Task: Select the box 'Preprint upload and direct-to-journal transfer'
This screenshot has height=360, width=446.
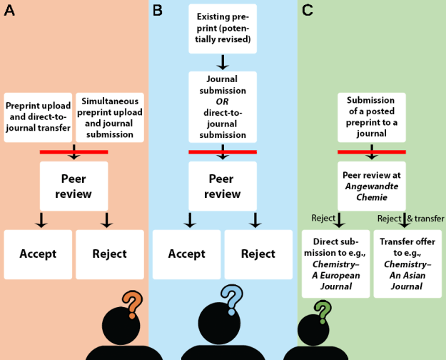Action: pyautogui.click(x=38, y=118)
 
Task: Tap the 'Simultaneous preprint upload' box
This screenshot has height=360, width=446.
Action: pyautogui.click(x=109, y=118)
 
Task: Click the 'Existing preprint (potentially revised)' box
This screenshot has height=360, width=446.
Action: pyautogui.click(x=223, y=29)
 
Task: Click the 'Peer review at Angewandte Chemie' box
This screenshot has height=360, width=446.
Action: pyautogui.click(x=371, y=186)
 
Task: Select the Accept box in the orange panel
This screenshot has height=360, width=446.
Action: pyautogui.click(x=38, y=254)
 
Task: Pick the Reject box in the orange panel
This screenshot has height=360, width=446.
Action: pyautogui.click(x=109, y=254)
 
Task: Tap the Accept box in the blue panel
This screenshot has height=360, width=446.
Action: pyautogui.click(x=187, y=254)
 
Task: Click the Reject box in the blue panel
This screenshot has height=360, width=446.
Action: pyautogui.click(x=258, y=254)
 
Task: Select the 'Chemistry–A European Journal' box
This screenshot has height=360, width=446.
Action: pyautogui.click(x=335, y=264)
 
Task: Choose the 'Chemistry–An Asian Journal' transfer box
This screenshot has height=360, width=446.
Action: pyautogui.click(x=407, y=264)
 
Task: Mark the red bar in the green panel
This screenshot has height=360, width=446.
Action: pyautogui.click(x=371, y=151)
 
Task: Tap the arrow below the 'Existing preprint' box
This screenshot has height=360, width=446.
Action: pyautogui.click(x=223, y=62)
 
